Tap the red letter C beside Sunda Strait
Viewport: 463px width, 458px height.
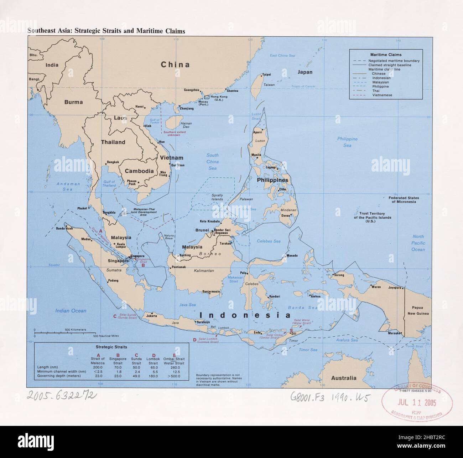coord(115,316)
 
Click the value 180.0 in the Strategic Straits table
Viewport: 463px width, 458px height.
coord(154,376)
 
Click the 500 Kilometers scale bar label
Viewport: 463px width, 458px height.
coord(76,330)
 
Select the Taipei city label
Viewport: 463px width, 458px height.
coord(267,75)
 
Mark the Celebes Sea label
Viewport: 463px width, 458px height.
coord(269,241)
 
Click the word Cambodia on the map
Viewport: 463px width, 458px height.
coord(139,171)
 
